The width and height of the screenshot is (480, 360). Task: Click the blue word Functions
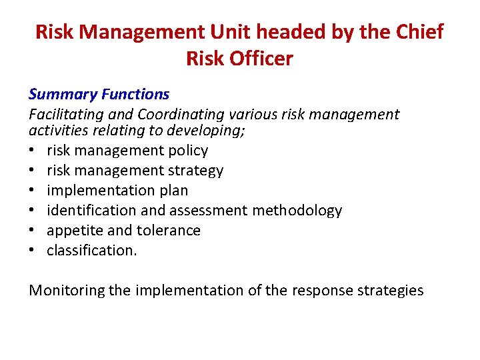tap(136, 95)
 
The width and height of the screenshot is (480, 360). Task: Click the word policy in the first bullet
tap(189, 151)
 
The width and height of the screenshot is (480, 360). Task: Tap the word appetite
tap(73, 231)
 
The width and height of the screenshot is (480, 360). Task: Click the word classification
tap(91, 251)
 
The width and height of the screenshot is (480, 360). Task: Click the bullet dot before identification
tap(33, 211)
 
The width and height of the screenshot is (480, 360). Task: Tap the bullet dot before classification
tap(33, 251)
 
